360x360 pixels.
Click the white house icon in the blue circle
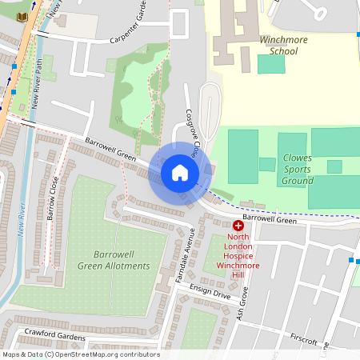180,173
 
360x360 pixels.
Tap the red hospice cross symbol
238,226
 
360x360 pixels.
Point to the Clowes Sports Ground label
298,169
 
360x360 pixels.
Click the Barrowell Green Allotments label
114,259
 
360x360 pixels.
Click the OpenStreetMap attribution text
80,354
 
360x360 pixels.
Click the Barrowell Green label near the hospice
270,218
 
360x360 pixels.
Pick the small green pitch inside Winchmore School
270,64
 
